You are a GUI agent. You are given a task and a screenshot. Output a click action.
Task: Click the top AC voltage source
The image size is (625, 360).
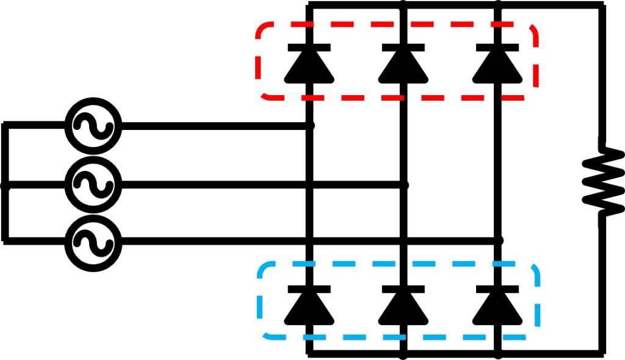93,127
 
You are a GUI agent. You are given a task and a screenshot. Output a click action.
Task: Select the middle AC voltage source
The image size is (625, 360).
93,184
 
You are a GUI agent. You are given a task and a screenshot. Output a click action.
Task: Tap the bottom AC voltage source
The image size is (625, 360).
93,242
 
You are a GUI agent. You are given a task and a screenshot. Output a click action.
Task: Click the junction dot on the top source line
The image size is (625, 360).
309,126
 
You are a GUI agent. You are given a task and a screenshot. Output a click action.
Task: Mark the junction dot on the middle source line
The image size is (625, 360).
403,184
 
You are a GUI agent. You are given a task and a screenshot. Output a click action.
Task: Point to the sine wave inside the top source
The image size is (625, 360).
93,127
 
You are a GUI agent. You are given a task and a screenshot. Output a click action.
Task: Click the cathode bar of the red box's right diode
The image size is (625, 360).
498,48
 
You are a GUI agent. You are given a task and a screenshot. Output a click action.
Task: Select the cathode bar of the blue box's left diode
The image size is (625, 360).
309,289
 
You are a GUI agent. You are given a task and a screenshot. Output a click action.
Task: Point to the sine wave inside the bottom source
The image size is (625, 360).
93,242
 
